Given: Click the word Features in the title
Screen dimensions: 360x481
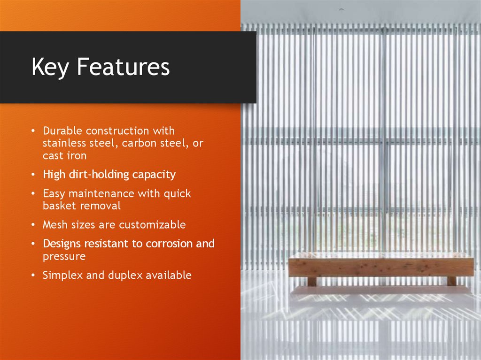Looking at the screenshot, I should (x=123, y=67).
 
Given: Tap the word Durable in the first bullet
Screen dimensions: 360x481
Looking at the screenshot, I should (x=62, y=130).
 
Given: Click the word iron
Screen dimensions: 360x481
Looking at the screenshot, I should (x=77, y=155).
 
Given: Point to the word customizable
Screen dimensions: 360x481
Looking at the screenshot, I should (x=152, y=225).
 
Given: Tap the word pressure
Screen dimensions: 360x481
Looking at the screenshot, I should (x=64, y=257).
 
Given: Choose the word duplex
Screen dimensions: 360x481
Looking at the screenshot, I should (x=124, y=276).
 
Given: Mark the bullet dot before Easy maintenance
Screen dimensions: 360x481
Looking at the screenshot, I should (x=33, y=193).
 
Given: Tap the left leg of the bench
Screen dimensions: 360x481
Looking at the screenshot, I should (x=311, y=281).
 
